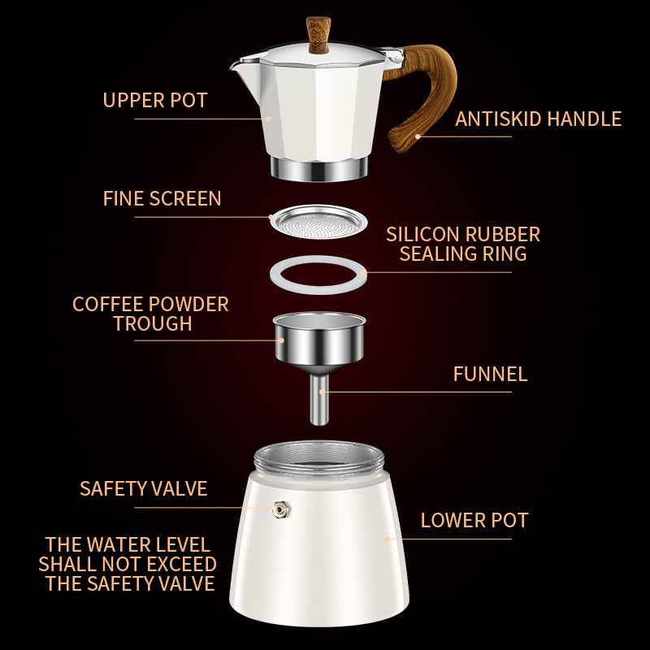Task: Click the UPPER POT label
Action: pos(154,101)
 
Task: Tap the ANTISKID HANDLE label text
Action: pos(538,119)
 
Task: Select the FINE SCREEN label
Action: pos(162,199)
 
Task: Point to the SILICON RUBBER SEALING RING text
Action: pos(462,244)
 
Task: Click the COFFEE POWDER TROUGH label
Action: pos(151,314)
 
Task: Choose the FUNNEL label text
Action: pos(489,375)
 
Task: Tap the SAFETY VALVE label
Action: pos(143,488)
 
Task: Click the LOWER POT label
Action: pos(474,520)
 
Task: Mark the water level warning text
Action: pos(128,564)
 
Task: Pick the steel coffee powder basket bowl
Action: pos(318,337)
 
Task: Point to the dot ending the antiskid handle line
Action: pos(418,136)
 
